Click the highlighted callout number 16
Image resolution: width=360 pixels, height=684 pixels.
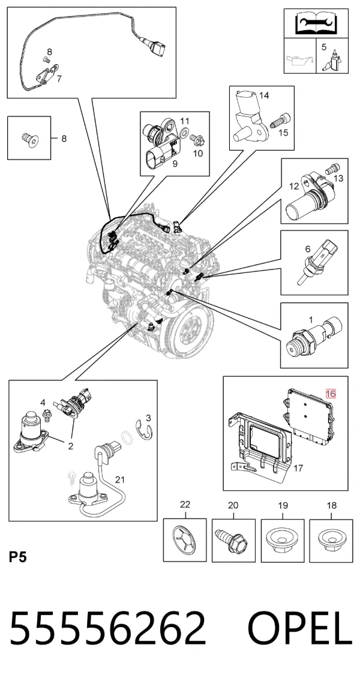tap(331, 394)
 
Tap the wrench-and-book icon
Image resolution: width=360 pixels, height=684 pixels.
tap(316, 23)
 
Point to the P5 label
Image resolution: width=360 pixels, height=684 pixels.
tap(18, 557)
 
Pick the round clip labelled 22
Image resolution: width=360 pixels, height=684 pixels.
tap(185, 540)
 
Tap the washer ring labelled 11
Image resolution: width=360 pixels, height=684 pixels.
tap(184, 132)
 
